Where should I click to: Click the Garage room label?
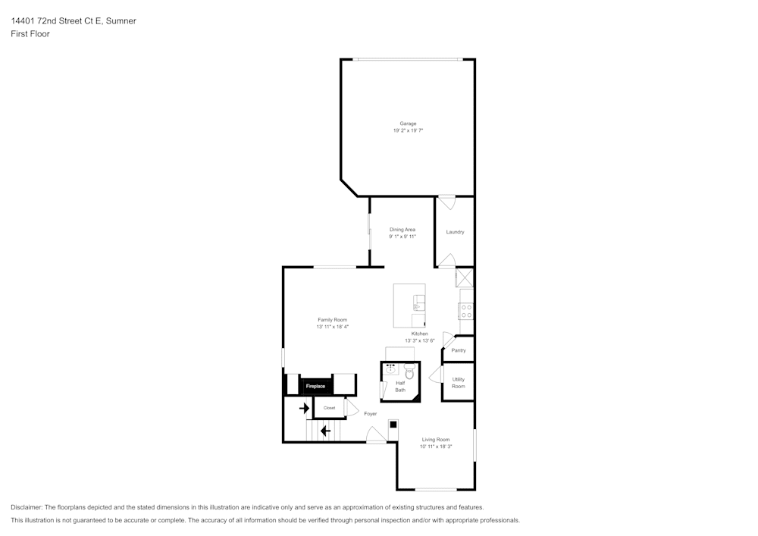point(408,124)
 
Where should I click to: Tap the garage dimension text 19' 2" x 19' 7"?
point(408,131)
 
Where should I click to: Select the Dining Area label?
point(402,229)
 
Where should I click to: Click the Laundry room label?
point(455,232)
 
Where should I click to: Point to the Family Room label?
point(332,320)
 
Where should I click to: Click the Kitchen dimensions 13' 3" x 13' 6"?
point(419,341)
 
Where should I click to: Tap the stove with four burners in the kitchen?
point(467,310)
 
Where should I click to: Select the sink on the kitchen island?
point(416,307)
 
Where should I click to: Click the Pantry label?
point(459,350)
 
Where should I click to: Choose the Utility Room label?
point(459,383)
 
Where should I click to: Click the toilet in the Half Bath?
point(409,371)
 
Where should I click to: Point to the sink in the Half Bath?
point(391,370)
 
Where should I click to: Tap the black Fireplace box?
point(315,387)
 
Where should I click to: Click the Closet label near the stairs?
point(329,408)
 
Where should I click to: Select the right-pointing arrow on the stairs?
point(304,409)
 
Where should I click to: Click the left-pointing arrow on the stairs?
point(325,431)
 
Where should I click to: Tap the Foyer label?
point(370,414)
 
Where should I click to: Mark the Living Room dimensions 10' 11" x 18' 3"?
point(436,447)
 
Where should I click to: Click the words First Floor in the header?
point(30,34)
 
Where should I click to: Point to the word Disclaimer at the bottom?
point(27,507)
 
